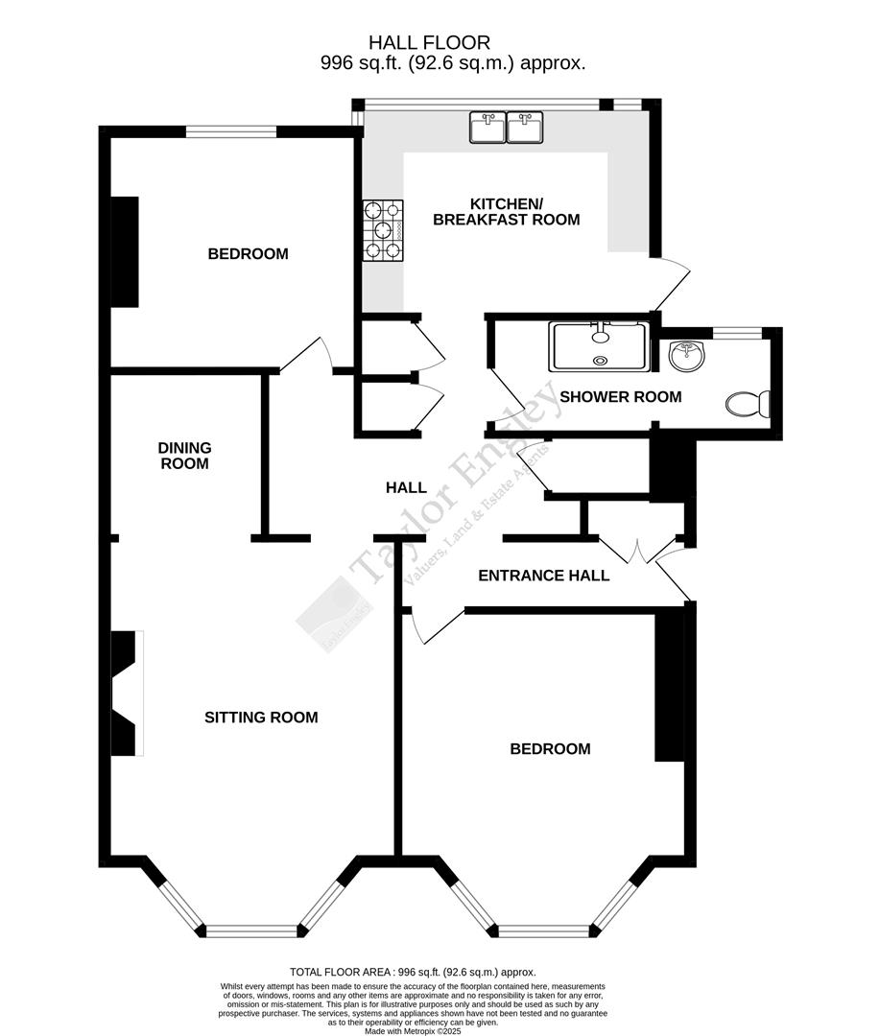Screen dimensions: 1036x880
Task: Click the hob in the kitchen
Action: (x=383, y=230)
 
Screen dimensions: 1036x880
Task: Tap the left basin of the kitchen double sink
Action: (x=488, y=127)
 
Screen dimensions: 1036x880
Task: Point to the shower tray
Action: (x=598, y=346)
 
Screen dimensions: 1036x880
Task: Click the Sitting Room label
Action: (x=261, y=718)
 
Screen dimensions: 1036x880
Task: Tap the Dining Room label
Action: (x=184, y=456)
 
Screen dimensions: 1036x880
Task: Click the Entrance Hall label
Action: (x=543, y=576)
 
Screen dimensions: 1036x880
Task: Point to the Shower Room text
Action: (x=620, y=397)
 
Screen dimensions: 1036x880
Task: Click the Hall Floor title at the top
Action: (x=430, y=42)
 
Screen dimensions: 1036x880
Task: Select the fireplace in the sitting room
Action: (x=126, y=693)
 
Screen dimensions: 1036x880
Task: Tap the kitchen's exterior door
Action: (x=672, y=284)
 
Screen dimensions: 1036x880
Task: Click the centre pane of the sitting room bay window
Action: (x=253, y=930)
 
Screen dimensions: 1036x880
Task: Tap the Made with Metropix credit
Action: (x=440, y=1030)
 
